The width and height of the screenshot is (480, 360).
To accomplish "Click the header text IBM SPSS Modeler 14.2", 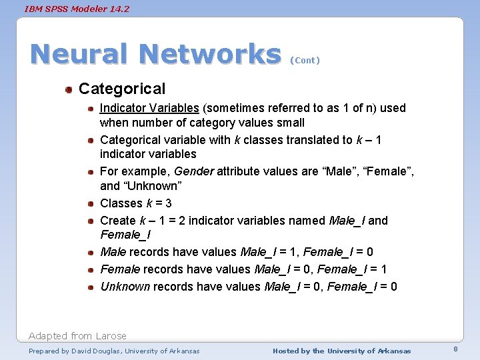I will (77, 9).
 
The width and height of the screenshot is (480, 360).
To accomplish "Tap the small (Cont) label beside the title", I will (305, 60).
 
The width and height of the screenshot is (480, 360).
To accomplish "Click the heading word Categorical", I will (122, 89).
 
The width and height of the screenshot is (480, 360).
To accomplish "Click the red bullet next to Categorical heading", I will (69, 89).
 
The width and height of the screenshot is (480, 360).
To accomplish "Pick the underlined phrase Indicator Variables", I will (149, 108).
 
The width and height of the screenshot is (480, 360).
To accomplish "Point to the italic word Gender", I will (193, 171).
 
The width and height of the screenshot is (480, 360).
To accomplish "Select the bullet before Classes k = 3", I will (90, 203).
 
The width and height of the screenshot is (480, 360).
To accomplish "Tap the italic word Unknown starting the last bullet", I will (125, 287).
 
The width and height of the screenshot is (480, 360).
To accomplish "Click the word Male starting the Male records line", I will (113, 252).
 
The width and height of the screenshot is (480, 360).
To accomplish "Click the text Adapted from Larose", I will (77, 336).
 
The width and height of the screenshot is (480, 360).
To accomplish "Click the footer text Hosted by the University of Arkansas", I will (341, 351).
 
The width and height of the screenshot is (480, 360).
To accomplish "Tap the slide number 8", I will (455, 349).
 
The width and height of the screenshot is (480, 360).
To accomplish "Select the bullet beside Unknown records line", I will (90, 287).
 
